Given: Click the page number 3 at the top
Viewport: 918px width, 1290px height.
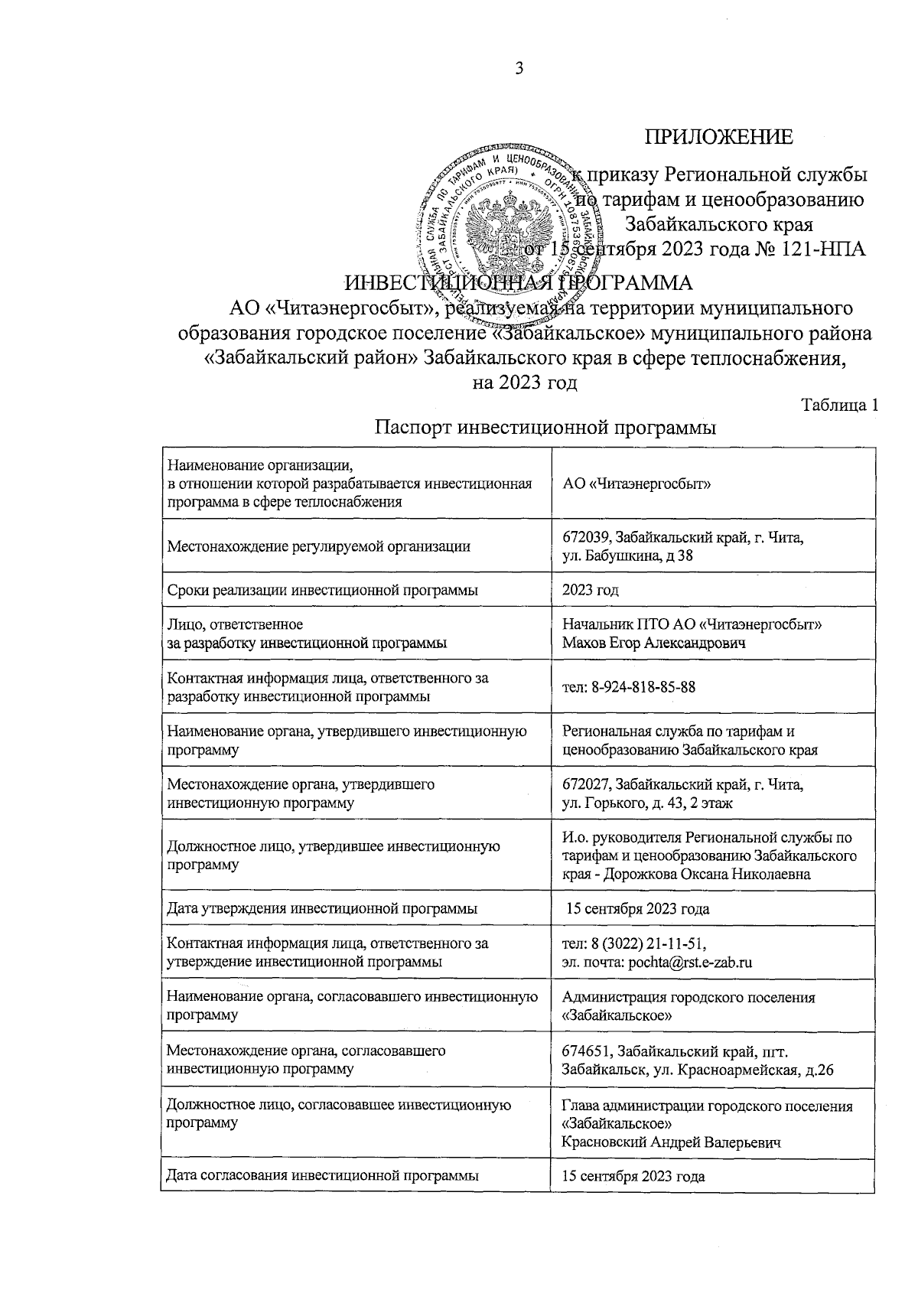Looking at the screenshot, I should (519, 70).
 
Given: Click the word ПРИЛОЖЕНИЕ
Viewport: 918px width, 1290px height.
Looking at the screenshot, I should (718, 138).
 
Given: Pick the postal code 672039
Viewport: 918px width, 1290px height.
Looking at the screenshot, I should (587, 538).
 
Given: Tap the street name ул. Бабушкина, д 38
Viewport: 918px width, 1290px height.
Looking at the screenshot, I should (627, 555).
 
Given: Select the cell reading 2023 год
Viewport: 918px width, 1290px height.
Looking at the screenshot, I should (590, 590).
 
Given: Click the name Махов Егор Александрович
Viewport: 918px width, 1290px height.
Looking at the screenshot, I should (653, 643).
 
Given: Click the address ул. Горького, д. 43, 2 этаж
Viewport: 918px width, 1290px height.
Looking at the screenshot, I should (647, 803).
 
